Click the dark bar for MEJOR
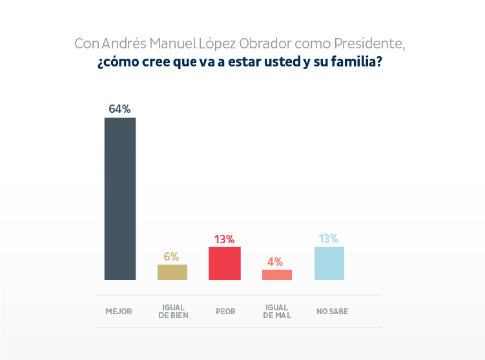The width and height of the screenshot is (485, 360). (120, 199)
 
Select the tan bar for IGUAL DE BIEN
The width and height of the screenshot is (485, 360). (172, 272)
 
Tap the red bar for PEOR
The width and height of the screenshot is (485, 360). (225, 263)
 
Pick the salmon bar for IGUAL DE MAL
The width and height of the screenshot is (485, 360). (277, 275)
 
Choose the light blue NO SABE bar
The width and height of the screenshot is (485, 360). (329, 263)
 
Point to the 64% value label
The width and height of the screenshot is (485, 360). (119, 109)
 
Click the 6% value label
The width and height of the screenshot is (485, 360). (171, 256)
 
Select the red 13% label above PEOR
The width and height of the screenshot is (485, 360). (224, 239)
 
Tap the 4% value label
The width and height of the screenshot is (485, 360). (275, 261)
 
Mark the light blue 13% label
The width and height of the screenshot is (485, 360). (328, 239)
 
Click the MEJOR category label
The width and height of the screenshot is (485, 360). (119, 312)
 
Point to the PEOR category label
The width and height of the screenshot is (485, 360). (225, 312)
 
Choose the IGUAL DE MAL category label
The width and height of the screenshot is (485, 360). (277, 312)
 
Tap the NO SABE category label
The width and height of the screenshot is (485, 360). (332, 312)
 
